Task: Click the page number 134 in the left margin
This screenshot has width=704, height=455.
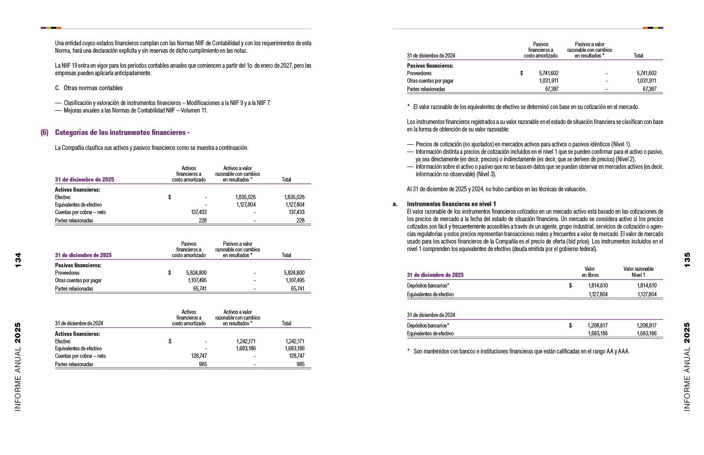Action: coord(18,260)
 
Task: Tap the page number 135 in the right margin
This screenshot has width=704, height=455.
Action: coord(687,260)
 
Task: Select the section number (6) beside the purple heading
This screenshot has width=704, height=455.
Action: coord(44,132)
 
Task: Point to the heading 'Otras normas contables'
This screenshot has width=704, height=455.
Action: coord(93,88)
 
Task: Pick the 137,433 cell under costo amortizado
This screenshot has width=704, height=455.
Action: coord(198,212)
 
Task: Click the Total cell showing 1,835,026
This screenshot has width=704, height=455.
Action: coord(294,197)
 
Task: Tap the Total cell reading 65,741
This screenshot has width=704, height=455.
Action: coord(297,289)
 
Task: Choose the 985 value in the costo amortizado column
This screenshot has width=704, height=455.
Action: coord(203,364)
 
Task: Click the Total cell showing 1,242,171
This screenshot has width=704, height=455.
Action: coord(294,341)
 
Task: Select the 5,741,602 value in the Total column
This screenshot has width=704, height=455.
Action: coord(646,73)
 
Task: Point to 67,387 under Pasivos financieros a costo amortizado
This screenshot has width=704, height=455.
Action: coord(551,89)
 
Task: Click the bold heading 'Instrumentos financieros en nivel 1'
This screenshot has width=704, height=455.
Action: coord(451,204)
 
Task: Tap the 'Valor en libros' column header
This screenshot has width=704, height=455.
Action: coord(590,272)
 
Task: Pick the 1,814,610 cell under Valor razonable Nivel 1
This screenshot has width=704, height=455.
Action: coord(646,286)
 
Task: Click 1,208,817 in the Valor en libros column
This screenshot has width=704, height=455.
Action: coord(597,326)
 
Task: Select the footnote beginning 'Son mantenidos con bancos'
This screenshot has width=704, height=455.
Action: coord(521,351)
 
